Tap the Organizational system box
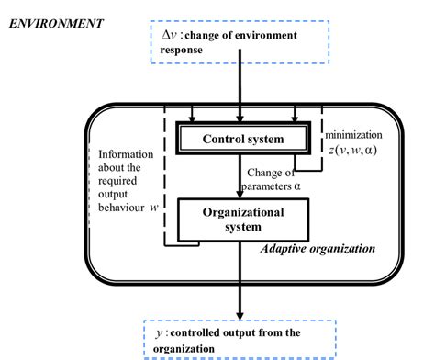[242, 219]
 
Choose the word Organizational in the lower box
[243, 211]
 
